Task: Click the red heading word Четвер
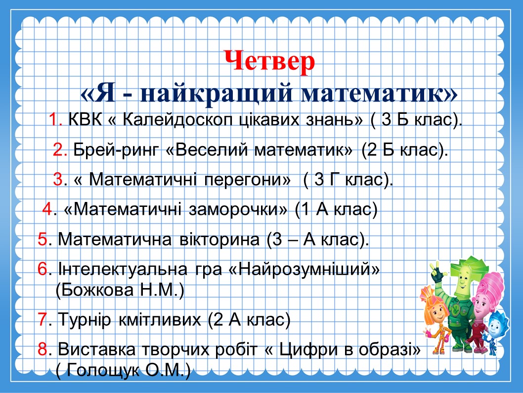pos(269,61)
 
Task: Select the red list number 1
pos(54,119)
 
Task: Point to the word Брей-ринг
pos(116,150)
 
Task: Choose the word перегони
pos(247,180)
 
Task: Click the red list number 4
pos(47,210)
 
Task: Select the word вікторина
pos(219,240)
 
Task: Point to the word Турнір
pos(84,320)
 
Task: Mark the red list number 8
pos(43,349)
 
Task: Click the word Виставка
pos(97,349)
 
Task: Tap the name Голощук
pos(103,370)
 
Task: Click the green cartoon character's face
pos(463,281)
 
